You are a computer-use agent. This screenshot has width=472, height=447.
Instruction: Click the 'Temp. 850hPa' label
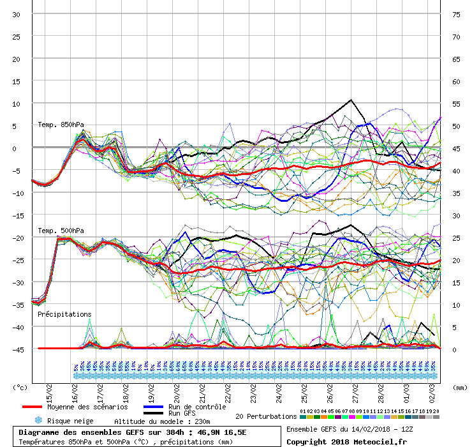pyautogui.click(x=61, y=125)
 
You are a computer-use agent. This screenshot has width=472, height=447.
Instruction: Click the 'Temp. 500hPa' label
pyautogui.click(x=61, y=231)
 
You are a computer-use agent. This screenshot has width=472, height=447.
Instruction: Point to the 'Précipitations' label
pyautogui.click(x=64, y=314)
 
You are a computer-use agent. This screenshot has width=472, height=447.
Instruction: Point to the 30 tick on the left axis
pyautogui.click(x=17, y=15)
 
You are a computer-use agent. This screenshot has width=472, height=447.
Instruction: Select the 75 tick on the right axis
pyautogui.click(x=456, y=15)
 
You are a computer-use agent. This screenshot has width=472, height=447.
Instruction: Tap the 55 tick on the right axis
pyautogui.click(x=456, y=104)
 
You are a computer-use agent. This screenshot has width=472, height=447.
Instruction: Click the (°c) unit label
pyautogui.click(x=20, y=387)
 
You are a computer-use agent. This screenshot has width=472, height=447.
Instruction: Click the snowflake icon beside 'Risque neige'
pyautogui.click(x=38, y=421)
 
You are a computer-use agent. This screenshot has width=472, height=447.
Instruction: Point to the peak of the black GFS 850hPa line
pyautogui.click(x=351, y=100)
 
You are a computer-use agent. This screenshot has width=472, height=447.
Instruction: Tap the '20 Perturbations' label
pyautogui.click(x=266, y=416)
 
